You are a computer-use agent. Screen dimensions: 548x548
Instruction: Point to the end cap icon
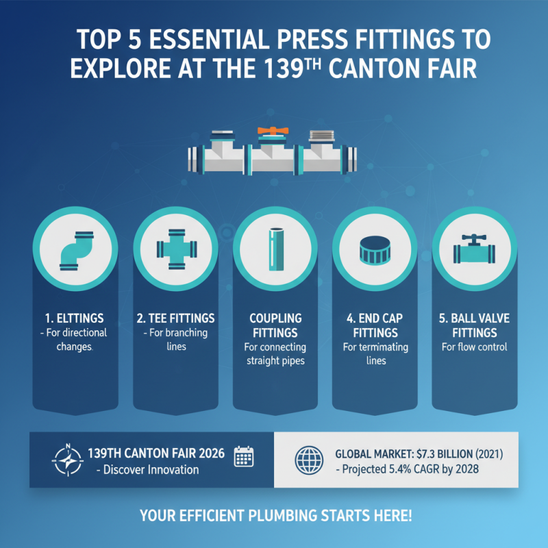[x=375, y=249]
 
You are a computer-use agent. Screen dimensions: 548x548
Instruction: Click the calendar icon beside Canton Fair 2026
[x=244, y=457]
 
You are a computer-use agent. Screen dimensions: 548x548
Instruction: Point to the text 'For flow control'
[x=474, y=347]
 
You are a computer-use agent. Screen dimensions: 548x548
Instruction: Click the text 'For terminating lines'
[x=375, y=354]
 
